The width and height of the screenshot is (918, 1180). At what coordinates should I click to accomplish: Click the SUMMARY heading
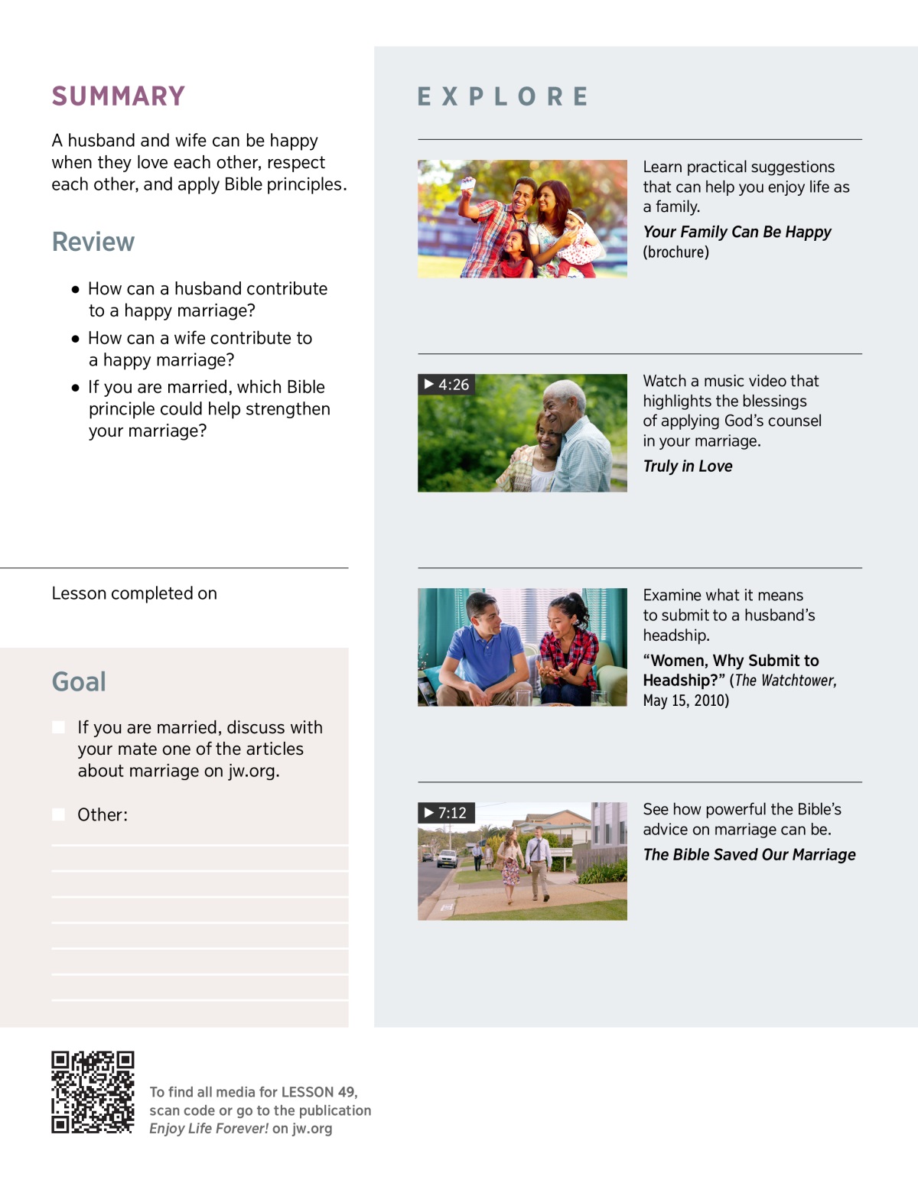(x=119, y=96)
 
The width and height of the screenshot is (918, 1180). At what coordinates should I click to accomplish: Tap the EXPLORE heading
(x=503, y=97)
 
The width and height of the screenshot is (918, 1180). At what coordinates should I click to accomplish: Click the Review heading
(x=93, y=242)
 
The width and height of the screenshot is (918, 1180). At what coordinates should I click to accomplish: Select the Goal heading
(x=79, y=681)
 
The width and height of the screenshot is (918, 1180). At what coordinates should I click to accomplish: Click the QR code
(x=93, y=1092)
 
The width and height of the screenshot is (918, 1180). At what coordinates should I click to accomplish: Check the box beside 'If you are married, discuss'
(x=58, y=727)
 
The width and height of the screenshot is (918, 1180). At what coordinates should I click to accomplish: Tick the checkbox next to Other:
(x=58, y=814)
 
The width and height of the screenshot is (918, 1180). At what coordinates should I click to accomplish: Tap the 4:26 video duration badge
(x=446, y=385)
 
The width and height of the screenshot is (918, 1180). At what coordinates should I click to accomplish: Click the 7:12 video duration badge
(x=446, y=813)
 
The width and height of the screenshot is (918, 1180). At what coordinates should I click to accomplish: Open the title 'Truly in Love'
(x=687, y=466)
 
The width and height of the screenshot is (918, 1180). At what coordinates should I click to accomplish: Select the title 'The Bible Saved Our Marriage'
(x=749, y=855)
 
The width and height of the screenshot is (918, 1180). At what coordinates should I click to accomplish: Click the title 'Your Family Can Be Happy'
(x=737, y=232)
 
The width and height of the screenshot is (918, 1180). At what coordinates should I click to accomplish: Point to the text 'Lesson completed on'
(x=135, y=593)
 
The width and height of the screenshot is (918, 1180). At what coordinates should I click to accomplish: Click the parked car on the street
(x=447, y=858)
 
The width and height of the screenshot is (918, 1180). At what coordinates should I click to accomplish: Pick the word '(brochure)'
(x=675, y=252)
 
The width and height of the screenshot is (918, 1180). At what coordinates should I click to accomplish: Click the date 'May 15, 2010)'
(x=685, y=701)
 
